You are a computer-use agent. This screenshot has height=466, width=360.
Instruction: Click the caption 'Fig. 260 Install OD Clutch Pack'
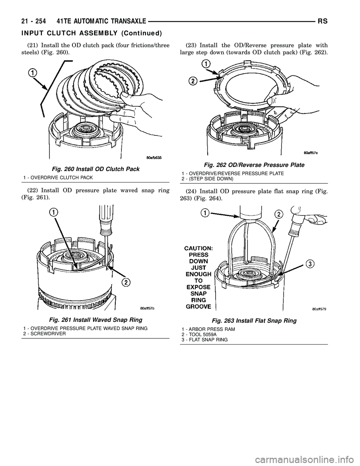[96, 169]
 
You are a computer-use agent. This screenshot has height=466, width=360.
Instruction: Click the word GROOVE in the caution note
[198, 307]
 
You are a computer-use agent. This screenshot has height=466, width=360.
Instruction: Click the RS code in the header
[323, 21]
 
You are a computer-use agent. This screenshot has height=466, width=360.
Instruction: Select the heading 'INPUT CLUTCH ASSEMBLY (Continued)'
[91, 33]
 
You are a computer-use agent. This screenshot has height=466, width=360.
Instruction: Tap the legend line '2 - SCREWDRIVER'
[45, 334]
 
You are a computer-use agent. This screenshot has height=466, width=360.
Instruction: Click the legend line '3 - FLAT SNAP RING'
[205, 340]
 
